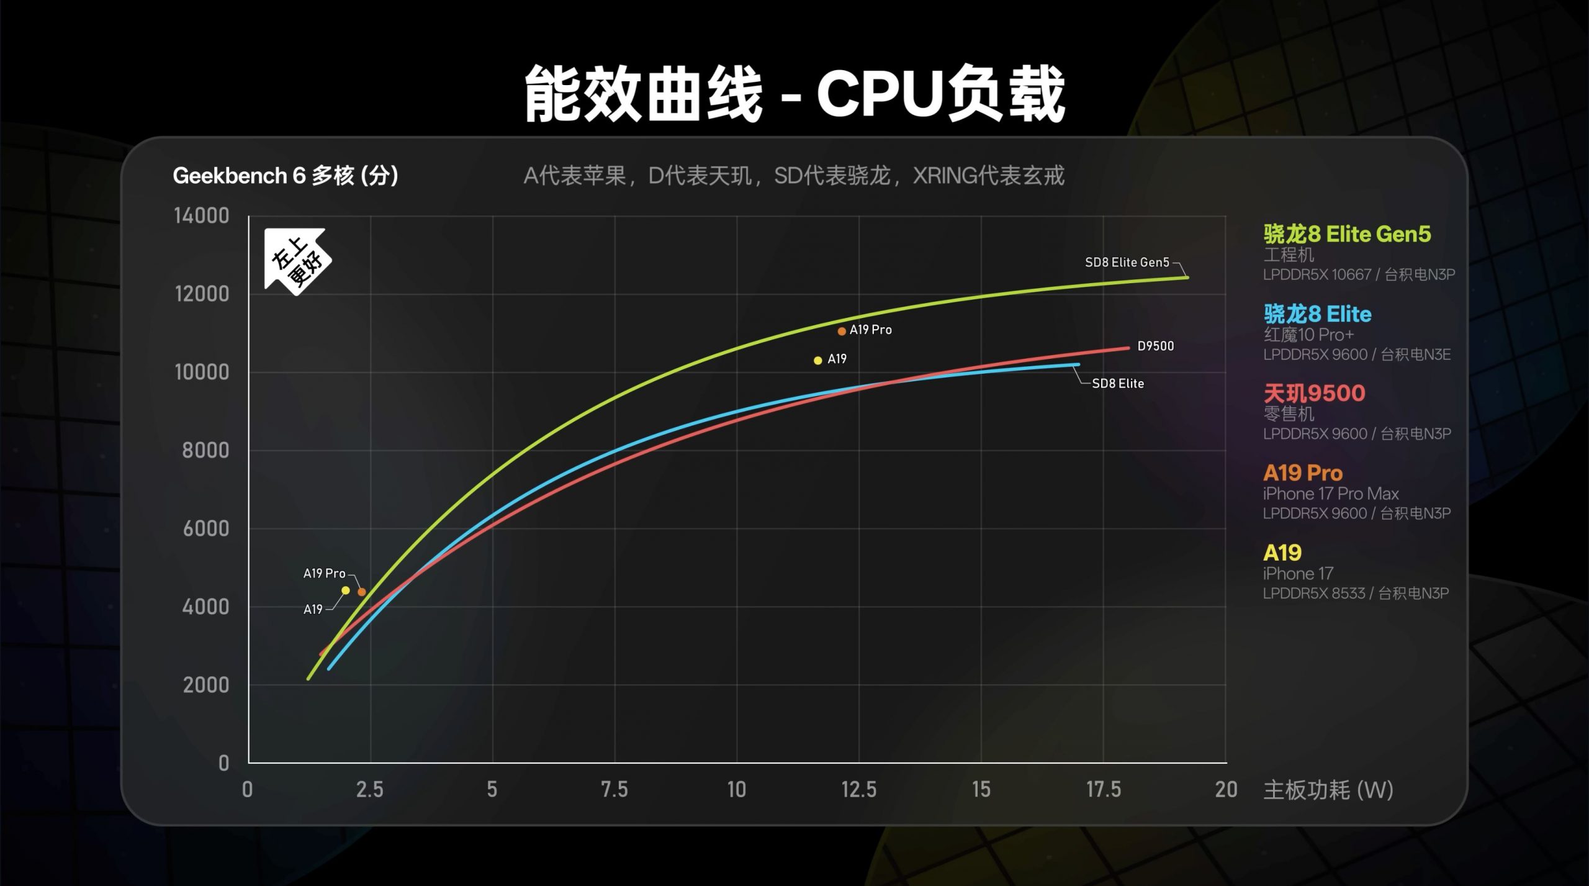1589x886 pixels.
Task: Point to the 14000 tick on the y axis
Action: point(202,216)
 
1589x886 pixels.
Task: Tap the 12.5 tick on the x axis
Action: point(858,790)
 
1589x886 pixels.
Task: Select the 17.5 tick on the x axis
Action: point(1103,790)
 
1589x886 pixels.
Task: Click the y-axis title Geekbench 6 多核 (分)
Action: point(286,176)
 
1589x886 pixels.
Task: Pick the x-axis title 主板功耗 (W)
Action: point(1328,790)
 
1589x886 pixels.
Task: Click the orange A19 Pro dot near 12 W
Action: point(842,332)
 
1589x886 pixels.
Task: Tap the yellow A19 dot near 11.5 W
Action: point(818,360)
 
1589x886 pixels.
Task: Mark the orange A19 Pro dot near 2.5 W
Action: point(362,592)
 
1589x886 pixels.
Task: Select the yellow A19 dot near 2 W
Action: point(346,590)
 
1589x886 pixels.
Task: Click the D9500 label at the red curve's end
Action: point(1155,346)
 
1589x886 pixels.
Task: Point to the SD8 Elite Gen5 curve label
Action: point(1127,263)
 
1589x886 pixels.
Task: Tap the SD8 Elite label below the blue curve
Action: point(1117,384)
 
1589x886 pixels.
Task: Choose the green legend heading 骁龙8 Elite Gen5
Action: point(1347,234)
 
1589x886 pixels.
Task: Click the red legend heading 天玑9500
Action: point(1315,393)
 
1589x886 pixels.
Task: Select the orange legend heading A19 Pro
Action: point(1303,473)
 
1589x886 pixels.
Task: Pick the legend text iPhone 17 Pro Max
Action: point(1331,494)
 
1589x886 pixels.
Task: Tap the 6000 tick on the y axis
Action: point(205,528)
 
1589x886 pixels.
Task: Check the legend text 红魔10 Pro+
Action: point(1308,335)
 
